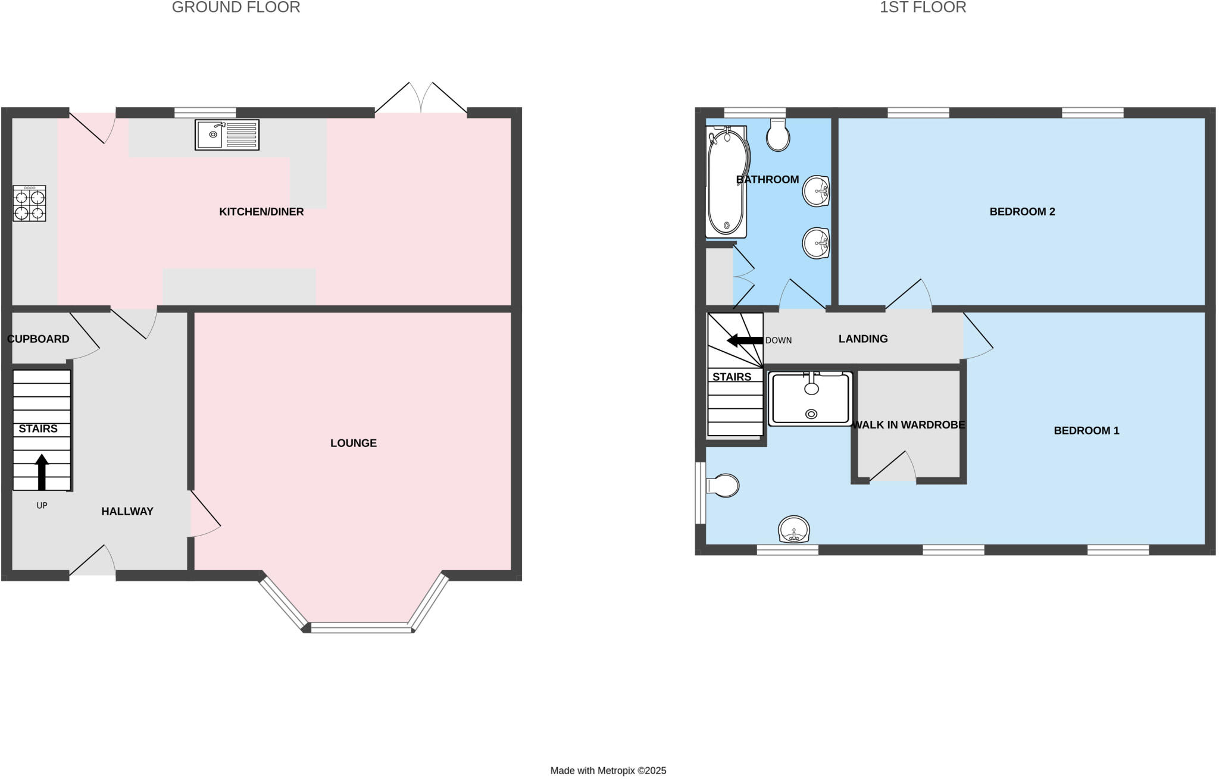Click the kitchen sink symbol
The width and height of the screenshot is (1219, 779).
227,135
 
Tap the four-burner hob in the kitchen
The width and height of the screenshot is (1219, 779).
29,204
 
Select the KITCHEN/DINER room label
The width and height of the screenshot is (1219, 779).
261,212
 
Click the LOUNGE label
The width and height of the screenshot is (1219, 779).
354,443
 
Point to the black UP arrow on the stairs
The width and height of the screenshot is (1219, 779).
42,472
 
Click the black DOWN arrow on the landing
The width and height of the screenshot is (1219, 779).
745,340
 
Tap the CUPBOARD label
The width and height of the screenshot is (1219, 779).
38,339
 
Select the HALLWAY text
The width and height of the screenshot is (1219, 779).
127,511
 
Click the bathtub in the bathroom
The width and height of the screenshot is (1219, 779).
726,182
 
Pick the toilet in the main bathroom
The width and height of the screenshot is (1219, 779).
778,135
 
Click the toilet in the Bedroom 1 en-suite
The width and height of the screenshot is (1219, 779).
723,486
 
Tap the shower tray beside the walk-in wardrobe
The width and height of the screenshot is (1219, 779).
810,398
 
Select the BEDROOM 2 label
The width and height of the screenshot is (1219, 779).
1022,212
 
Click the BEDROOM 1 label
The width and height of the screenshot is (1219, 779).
1086,431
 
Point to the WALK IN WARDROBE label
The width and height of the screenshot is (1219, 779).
908,425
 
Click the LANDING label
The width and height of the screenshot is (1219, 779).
863,339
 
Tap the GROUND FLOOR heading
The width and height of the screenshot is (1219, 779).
236,7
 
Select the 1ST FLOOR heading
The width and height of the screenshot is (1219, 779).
923,7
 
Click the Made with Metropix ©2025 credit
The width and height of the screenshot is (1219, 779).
608,771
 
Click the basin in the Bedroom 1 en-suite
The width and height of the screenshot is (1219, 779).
794,529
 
